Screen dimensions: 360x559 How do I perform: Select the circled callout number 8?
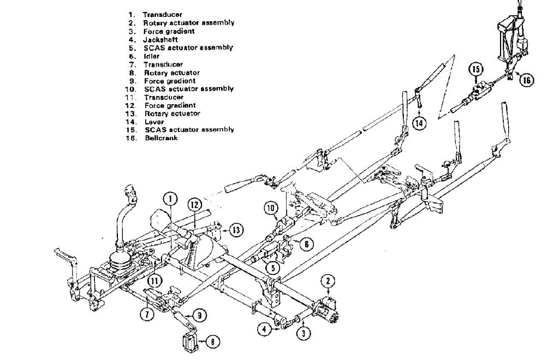pos(212,341)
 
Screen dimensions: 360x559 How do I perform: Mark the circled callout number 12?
pos(195,204)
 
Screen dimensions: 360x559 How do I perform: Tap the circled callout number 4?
pos(264,329)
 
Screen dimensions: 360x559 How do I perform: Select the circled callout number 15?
pos(476,69)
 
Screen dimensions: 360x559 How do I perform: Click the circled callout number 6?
pos(307,245)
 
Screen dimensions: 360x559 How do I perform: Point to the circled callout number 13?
pos(236,230)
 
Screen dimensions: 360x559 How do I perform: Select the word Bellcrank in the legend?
pos(162,138)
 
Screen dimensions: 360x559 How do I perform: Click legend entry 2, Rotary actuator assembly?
pos(189,23)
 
